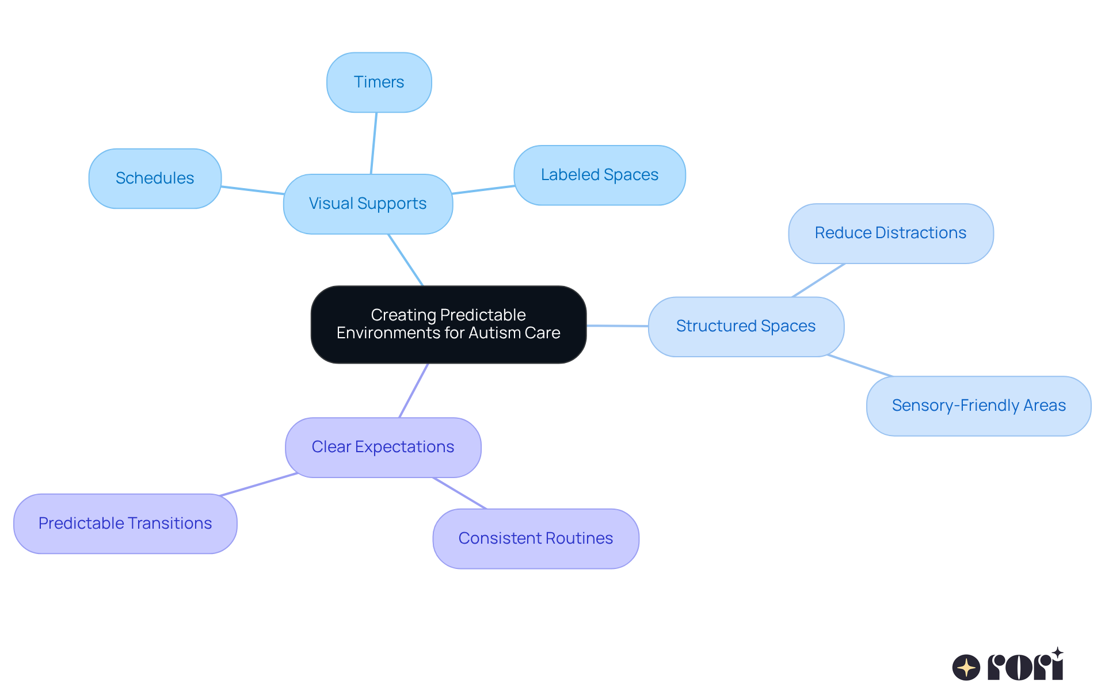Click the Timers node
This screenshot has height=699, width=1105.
379,82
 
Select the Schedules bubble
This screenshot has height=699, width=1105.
155,178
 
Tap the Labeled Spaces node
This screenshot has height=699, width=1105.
599,175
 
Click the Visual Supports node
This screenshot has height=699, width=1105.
368,204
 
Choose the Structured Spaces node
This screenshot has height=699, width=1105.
745,326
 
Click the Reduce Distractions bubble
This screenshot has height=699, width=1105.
890,233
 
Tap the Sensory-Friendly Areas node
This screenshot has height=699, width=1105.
978,406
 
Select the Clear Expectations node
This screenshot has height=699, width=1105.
383,447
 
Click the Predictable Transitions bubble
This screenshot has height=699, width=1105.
125,524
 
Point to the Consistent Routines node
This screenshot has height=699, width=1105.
535,538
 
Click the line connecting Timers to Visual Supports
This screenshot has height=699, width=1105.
374,143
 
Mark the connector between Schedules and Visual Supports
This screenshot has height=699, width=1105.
253,190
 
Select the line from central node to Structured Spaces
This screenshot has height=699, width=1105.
618,326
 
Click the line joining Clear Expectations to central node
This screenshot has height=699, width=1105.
414,391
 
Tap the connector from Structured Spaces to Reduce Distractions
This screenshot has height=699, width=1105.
818,280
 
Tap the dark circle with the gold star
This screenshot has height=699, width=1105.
966,667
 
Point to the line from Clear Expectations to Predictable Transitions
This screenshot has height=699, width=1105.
258,484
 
